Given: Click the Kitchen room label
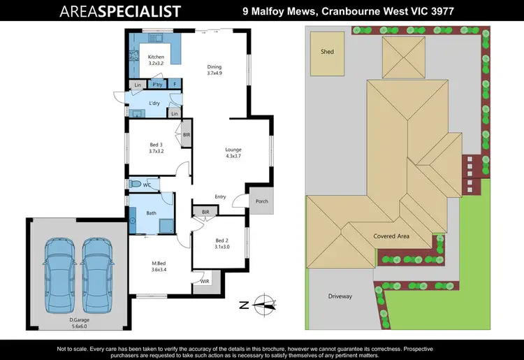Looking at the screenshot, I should click(155, 60).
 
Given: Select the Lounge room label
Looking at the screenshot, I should click(233, 153).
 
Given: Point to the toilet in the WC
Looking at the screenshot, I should click(136, 185).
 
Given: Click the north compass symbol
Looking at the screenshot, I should click(263, 303).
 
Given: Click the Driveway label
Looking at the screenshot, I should click(340, 296).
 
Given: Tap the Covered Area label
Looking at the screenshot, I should click(391, 236).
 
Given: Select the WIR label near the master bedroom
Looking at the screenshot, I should click(204, 282).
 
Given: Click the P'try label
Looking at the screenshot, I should click(157, 85).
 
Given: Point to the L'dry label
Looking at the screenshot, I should click(155, 103).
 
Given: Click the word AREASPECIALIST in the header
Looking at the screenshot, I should click(120, 11).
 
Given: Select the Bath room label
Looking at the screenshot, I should click(150, 213).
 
